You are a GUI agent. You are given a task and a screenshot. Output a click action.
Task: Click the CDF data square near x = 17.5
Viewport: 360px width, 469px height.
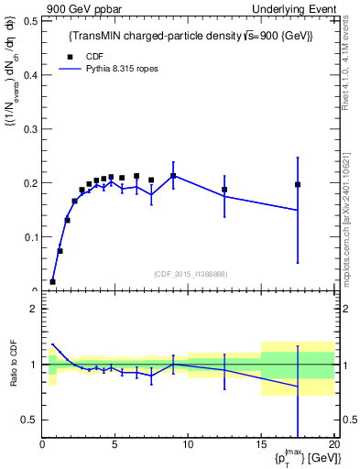[298, 184]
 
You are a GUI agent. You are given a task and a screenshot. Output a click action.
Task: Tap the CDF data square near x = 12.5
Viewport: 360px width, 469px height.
[224, 190]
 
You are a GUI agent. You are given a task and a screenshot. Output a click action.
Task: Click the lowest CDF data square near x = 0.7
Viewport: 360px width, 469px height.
[53, 281]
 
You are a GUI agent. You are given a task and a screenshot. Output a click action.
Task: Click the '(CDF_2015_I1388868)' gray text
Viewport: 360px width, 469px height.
[191, 274]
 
